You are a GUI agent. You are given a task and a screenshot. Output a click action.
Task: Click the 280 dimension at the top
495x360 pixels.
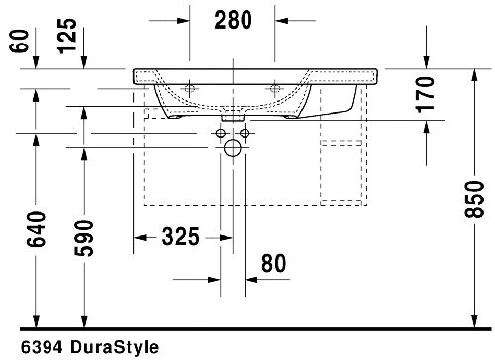233,19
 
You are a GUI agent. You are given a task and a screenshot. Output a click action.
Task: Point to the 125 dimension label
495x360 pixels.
67,37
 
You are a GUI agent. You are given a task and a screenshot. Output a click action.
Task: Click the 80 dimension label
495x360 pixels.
274,263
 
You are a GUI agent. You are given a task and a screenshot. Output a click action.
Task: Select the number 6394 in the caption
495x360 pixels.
27,348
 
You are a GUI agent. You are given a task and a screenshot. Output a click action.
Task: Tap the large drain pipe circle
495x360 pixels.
233,149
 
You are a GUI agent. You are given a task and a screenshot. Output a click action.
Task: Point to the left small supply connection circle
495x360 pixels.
221,133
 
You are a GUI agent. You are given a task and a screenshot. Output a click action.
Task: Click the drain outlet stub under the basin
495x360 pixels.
234,117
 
